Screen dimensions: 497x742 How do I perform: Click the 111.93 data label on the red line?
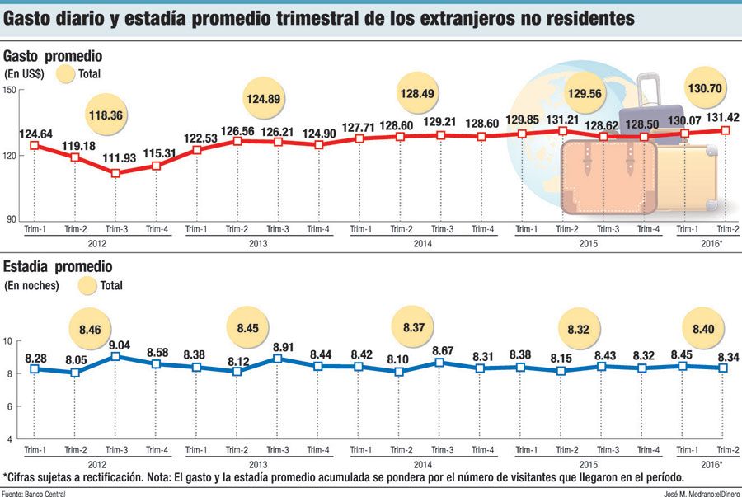pyautogui.click(x=115, y=158)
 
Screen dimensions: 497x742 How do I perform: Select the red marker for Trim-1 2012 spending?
pyautogui.click(x=35, y=145)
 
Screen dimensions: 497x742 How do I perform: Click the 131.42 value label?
pyautogui.click(x=722, y=116)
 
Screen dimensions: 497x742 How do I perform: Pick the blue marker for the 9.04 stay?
pyautogui.click(x=115, y=356)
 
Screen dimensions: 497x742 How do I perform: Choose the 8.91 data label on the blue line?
pyautogui.click(x=276, y=347)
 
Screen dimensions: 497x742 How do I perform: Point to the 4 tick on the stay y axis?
pyautogui.click(x=8, y=439)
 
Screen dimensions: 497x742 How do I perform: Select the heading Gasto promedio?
pyautogui.click(x=53, y=57)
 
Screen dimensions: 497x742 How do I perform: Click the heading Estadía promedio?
pyautogui.click(x=58, y=267)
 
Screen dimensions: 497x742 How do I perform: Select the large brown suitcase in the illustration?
pyautogui.click(x=608, y=176)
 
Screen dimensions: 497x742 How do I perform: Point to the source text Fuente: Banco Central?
pyautogui.click(x=34, y=492)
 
